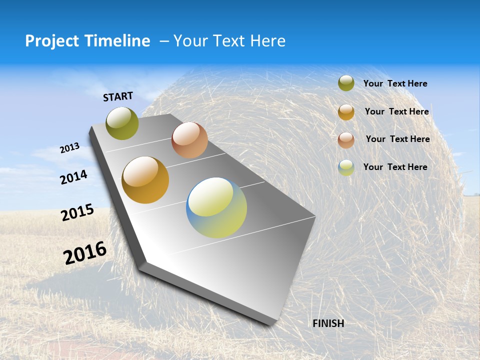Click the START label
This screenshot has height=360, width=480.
[x=118, y=96]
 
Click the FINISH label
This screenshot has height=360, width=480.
[x=328, y=323]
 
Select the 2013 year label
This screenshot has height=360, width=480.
[x=69, y=147]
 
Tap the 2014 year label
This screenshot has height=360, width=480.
[x=73, y=177]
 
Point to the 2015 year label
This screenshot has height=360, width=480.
[x=77, y=212]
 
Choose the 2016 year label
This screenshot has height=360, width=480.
[x=84, y=252]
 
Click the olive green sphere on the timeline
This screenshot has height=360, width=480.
[x=122, y=123]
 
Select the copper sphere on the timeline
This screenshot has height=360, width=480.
[x=189, y=140]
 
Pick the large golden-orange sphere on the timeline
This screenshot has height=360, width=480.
[x=145, y=180]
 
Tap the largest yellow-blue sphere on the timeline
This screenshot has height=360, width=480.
[x=216, y=207]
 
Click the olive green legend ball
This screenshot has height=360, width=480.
[x=346, y=83]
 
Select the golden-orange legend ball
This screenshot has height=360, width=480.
[x=346, y=111]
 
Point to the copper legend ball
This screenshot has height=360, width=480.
[x=346, y=139]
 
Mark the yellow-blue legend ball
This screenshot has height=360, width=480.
[x=346, y=167]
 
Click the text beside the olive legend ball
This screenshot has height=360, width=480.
[x=395, y=83]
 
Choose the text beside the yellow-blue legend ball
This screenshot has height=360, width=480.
[x=395, y=167]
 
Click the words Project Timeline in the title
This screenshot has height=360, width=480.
[x=87, y=41]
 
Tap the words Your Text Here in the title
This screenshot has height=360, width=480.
[x=229, y=41]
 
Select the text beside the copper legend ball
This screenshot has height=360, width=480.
[x=397, y=139]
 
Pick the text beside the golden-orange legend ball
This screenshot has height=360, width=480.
[x=396, y=111]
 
